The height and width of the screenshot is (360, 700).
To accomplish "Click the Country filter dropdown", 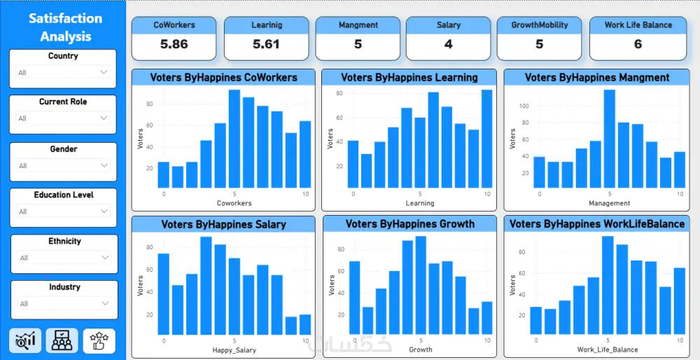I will pos(63,72).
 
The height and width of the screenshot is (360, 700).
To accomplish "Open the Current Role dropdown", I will pos(63,118).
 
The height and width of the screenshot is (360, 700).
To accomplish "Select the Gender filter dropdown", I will pos(63,166).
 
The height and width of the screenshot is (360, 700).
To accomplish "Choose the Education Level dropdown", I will pos(63,212).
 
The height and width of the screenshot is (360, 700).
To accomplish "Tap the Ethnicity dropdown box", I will pos(63,258).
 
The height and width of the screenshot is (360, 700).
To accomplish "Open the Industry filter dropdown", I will pos(63,304).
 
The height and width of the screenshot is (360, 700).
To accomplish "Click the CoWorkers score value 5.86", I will pos(174,44).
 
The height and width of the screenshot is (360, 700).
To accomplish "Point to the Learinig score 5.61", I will pos(266,44).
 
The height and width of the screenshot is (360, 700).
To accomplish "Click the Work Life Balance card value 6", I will pos(638,44).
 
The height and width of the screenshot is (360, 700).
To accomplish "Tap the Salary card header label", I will pos(449,25).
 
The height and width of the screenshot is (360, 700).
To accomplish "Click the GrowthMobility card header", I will pos(539,25).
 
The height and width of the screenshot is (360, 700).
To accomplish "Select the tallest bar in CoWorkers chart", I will pos(234,139).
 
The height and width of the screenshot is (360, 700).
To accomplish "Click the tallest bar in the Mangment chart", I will pos(609,139).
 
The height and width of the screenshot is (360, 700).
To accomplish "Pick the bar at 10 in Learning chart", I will pos(486,139).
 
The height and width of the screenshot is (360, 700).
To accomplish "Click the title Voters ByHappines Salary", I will pos(223,225).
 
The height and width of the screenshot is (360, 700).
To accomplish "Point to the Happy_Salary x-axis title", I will pos(234,349).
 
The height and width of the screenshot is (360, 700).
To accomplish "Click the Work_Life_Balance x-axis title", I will pos(607,349).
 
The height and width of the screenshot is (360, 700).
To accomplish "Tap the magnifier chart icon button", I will pos(26,340).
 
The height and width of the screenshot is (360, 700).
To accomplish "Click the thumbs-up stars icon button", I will pos(99,340).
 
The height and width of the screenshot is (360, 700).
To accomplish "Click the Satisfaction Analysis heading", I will pos(65,27).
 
